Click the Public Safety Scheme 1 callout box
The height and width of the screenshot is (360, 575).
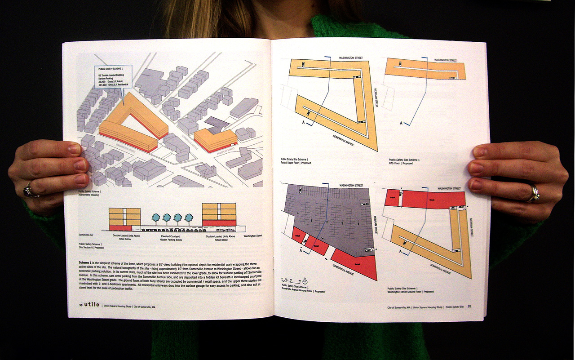coord(113,77)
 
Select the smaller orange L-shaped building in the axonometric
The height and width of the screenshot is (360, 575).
coord(215,139)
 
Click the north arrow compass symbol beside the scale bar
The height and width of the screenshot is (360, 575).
coord(305,281)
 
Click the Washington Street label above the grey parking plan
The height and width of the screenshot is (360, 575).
coord(351,185)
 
